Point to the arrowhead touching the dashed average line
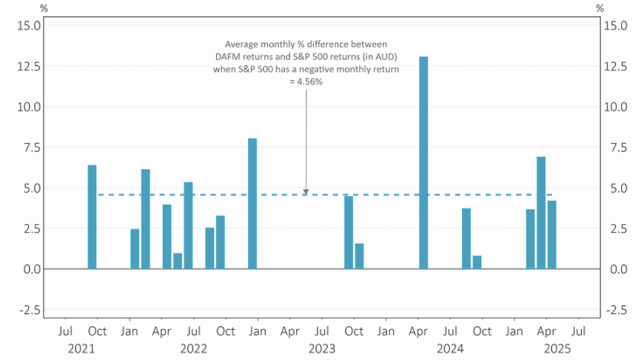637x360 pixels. point(306,192)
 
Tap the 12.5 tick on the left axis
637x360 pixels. point(29,66)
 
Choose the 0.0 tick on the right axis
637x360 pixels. point(611,269)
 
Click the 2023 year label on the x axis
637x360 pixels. point(322,349)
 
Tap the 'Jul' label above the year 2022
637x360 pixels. point(194,331)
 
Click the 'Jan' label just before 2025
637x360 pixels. point(514,331)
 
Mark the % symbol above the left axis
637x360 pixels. point(44,8)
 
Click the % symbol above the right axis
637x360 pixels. point(599,8)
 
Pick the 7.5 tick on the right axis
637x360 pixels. point(611,147)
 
